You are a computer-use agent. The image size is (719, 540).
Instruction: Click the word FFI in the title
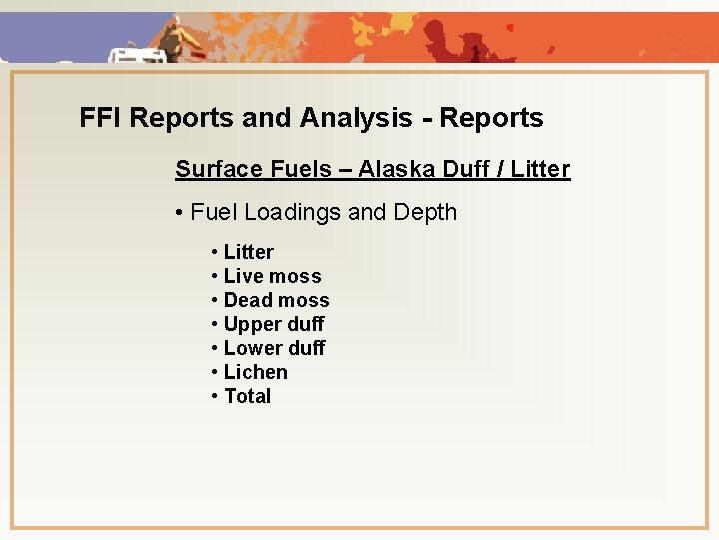(x=101, y=118)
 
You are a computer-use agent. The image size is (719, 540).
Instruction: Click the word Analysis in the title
(x=354, y=118)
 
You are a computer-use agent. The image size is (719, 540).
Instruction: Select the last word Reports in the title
(x=492, y=118)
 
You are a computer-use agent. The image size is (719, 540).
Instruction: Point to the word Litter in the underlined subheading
(x=540, y=169)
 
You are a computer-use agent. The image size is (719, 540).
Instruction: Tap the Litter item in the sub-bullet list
(x=248, y=252)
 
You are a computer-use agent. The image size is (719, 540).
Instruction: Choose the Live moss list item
(x=272, y=276)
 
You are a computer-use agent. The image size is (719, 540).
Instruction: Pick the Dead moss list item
(x=276, y=300)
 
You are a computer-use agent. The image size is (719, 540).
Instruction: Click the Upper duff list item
(x=274, y=324)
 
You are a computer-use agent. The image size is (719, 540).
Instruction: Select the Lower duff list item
(x=274, y=348)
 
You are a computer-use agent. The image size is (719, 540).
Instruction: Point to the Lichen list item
(x=255, y=372)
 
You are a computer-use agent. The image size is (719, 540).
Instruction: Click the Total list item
(x=247, y=396)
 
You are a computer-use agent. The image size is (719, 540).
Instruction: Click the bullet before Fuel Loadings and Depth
(x=178, y=213)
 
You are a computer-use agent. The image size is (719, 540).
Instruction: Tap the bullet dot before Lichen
(x=215, y=372)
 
